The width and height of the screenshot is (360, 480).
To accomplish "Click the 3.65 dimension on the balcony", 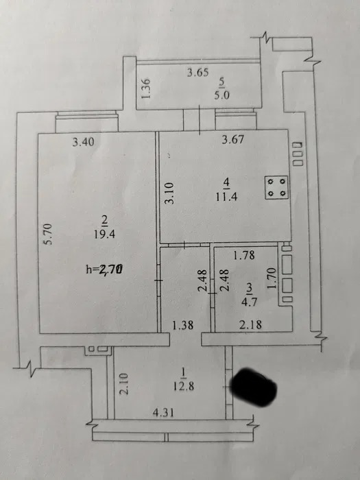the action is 198,73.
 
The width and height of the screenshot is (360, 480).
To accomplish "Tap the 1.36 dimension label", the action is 147,88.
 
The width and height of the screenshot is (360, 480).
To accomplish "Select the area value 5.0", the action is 222,96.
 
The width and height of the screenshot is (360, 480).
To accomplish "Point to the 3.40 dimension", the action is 83,142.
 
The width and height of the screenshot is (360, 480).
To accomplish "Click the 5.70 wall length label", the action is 49,235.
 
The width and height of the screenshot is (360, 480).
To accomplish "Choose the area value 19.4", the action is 104,235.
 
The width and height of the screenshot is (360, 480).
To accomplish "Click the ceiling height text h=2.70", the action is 105,269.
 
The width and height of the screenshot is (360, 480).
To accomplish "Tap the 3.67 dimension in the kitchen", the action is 233,140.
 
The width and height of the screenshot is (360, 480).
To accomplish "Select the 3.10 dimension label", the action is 169,193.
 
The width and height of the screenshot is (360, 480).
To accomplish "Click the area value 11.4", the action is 226,197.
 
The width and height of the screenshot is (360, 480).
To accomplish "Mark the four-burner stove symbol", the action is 276,188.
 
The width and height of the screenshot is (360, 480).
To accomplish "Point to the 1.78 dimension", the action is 244,255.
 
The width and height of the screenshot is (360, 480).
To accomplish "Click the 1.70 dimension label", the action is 272,278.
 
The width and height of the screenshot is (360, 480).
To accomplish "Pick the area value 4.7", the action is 249,302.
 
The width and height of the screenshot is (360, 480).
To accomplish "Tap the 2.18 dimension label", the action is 251,324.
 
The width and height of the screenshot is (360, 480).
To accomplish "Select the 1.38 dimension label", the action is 183,325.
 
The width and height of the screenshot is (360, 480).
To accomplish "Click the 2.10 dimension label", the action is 124,383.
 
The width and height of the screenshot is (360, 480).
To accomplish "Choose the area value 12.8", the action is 183,386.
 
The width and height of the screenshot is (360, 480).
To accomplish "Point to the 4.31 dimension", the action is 163,413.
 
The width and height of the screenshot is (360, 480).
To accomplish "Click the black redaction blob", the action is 253,387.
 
